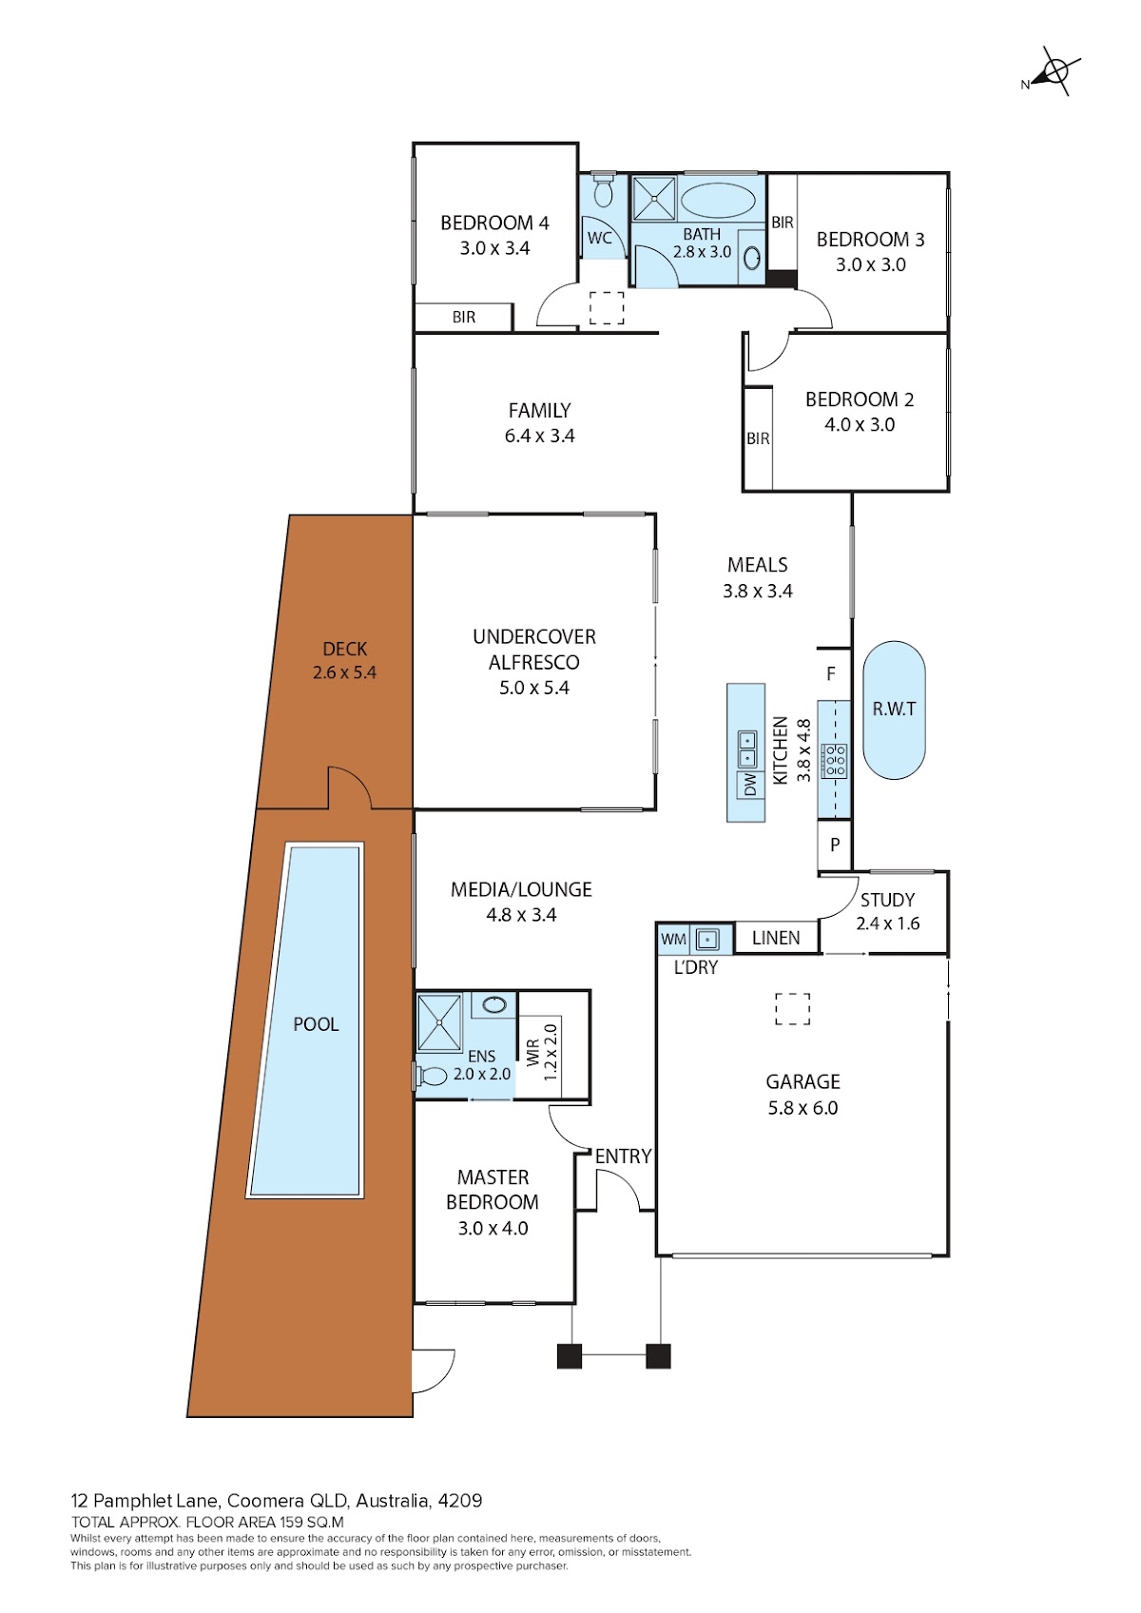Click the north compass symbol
coord(1054,72)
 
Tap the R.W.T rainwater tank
coord(894,710)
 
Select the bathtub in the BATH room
coord(718,200)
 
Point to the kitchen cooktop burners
coord(835,761)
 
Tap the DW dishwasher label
coord(750,785)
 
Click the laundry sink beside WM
coord(706,940)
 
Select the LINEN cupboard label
coord(775,939)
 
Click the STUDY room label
coord(887,900)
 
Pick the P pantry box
coord(834,845)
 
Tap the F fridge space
coord(834,674)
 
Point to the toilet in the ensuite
coord(431,1077)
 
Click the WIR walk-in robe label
coord(533,1053)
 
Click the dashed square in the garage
coord(792,1009)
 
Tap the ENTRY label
coord(623,1156)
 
